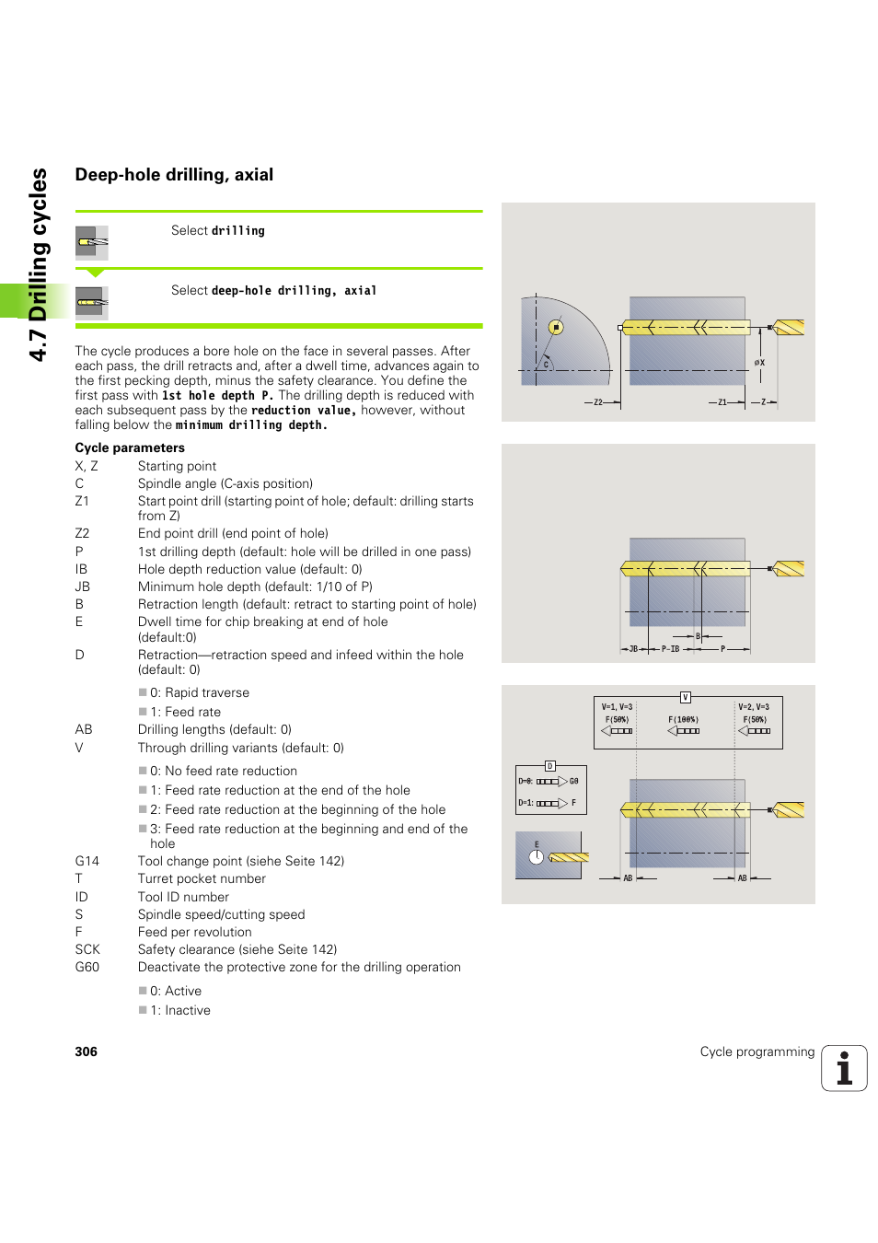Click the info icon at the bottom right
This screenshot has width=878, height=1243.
[x=844, y=1068]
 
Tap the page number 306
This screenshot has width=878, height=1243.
[x=86, y=1051]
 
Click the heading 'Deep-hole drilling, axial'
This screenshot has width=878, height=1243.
[x=174, y=175]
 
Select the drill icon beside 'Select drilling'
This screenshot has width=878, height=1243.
[x=92, y=242]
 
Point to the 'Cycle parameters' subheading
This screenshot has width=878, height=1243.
[x=130, y=447]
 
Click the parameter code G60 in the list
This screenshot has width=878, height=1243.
[x=87, y=967]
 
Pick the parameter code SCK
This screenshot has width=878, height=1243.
[x=87, y=949]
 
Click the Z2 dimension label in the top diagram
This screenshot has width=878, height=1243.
[x=598, y=402]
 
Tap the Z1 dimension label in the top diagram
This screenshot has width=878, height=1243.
[x=722, y=402]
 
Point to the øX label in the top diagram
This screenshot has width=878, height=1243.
[x=759, y=363]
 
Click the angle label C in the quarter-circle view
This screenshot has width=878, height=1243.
[x=546, y=365]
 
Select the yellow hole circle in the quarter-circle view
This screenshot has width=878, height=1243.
[x=556, y=327]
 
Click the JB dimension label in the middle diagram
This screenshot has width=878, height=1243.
[x=633, y=649]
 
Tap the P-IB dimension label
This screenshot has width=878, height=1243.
[x=670, y=649]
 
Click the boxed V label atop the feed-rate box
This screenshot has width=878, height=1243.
[x=685, y=697]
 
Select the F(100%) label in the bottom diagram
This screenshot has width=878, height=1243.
[x=683, y=720]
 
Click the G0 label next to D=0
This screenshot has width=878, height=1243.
[x=573, y=781]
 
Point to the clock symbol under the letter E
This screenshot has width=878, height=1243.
[x=537, y=857]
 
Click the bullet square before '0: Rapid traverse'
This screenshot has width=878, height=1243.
[x=143, y=692]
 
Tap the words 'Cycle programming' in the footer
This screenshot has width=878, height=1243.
[x=757, y=1051]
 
